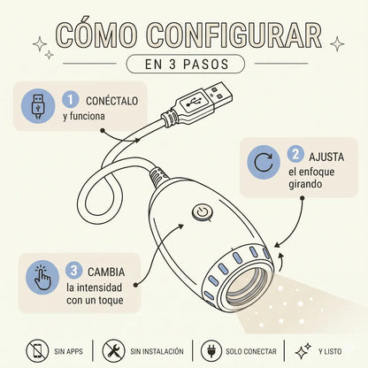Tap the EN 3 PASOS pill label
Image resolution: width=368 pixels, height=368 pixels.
(186, 64)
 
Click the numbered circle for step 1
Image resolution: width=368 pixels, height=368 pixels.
(70, 99)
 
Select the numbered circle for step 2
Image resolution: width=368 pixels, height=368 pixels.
(295, 154)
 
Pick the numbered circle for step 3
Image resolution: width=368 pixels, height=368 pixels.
(73, 270)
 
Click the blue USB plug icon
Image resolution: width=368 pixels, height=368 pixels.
(38, 106)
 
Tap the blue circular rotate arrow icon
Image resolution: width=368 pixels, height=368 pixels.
(264, 163)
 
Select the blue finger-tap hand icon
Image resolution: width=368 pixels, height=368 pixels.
(42, 278)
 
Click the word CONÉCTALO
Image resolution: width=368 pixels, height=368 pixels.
(112, 101)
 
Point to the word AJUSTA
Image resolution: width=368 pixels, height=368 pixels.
(326, 157)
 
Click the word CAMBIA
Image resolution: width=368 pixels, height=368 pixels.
(106, 272)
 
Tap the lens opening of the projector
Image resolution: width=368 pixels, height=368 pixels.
(247, 287)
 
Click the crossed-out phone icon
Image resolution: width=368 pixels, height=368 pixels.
(37, 351)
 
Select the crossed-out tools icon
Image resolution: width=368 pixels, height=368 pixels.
(113, 351)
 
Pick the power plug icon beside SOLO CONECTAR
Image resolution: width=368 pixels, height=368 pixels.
(211, 351)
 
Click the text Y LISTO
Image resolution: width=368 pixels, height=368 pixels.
(330, 351)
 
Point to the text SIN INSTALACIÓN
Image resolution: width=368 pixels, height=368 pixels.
(157, 351)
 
